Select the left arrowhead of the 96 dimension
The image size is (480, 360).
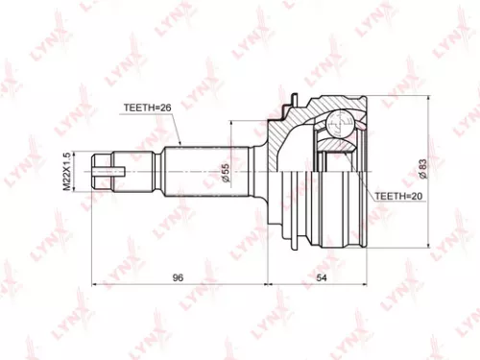point(94,284)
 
